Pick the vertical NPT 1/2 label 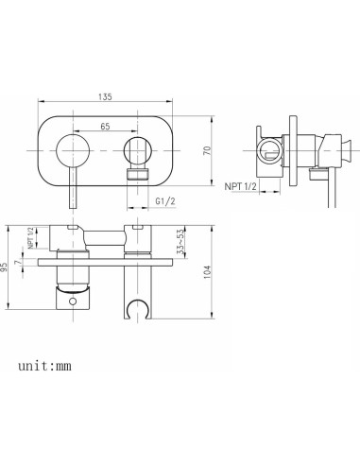31,236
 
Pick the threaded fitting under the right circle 137,175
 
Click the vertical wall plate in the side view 295,151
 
